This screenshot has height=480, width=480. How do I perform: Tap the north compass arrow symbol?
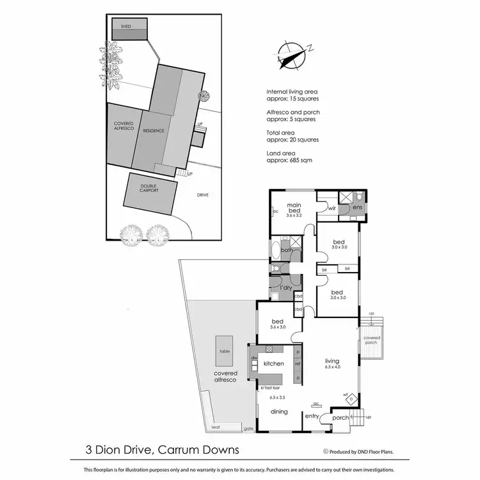point(292,53)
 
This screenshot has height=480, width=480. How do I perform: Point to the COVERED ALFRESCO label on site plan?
point(123,127)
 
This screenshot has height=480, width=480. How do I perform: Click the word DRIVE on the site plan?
point(203,195)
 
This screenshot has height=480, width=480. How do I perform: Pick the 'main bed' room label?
point(294,207)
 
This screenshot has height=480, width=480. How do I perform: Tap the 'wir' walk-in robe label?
point(332,208)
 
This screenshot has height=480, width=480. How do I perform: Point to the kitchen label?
point(273,364)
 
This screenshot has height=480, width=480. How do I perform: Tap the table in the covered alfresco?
point(225,351)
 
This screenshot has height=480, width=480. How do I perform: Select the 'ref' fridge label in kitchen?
point(298,364)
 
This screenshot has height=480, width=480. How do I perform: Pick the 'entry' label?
point(312,417)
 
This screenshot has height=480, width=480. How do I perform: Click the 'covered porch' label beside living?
point(371,340)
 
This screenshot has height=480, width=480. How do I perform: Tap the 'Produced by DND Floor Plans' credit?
point(358,451)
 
